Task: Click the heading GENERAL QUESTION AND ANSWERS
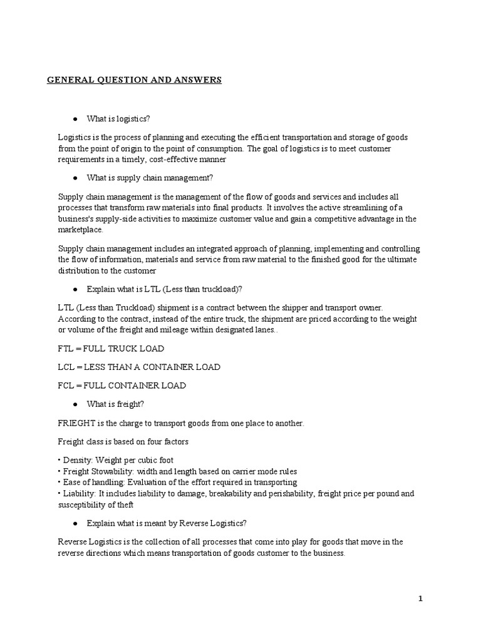point(134,79)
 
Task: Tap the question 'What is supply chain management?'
point(150,177)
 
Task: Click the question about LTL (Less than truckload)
point(164,289)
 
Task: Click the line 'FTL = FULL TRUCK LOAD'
point(111,348)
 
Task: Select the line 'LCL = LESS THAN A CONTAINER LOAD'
point(138,367)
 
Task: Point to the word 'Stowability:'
point(119,471)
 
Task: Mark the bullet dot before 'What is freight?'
point(75,404)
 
